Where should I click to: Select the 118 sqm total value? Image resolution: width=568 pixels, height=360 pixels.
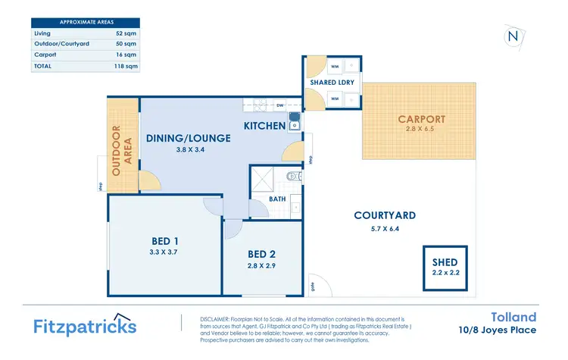point(125,66)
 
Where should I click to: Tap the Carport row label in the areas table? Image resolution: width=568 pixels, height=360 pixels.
point(45,55)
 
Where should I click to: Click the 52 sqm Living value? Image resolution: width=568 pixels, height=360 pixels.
point(126,33)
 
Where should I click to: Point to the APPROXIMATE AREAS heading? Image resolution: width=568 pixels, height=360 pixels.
point(85,22)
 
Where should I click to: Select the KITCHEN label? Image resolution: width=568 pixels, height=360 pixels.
point(264,125)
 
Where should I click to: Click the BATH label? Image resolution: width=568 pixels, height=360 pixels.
point(277,199)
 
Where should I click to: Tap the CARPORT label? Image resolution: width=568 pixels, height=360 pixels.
point(421,119)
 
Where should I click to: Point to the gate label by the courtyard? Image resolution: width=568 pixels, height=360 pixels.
point(312,286)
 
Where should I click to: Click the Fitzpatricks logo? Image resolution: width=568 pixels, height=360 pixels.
point(86,325)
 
